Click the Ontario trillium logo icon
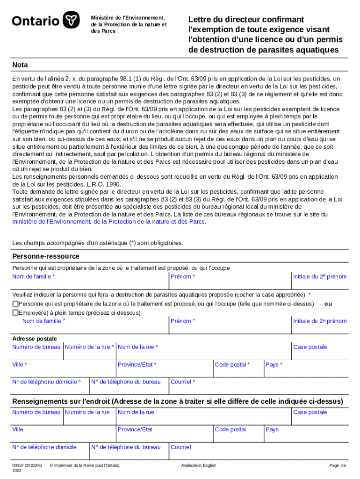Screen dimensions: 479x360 pos(71,20)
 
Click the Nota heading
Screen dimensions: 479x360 pos(20,65)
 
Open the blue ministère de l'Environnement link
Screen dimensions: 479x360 pos(108,222)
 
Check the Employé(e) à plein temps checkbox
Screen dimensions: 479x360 pos(15,312)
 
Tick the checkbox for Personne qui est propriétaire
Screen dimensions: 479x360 pos(15,304)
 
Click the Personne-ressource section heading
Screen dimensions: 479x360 pos(46,256)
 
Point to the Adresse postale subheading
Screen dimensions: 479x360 pos(35,338)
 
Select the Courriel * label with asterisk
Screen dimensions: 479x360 pos(183,382)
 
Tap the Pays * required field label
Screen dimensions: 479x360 pos(274,364)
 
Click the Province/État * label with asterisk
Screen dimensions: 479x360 pos(137,364)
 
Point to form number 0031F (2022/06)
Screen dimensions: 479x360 pos(27,465)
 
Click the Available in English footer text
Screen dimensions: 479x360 pos(199,465)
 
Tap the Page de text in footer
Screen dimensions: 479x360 pos(338,465)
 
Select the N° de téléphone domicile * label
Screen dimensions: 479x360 pos(47,382)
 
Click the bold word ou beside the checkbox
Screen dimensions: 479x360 pos(328,304)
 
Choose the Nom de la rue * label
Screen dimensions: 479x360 pos(138,347)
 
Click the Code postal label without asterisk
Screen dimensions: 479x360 pos(230,429)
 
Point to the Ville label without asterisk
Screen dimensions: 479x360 pos(18,429)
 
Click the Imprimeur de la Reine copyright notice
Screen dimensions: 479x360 pos(85,465)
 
